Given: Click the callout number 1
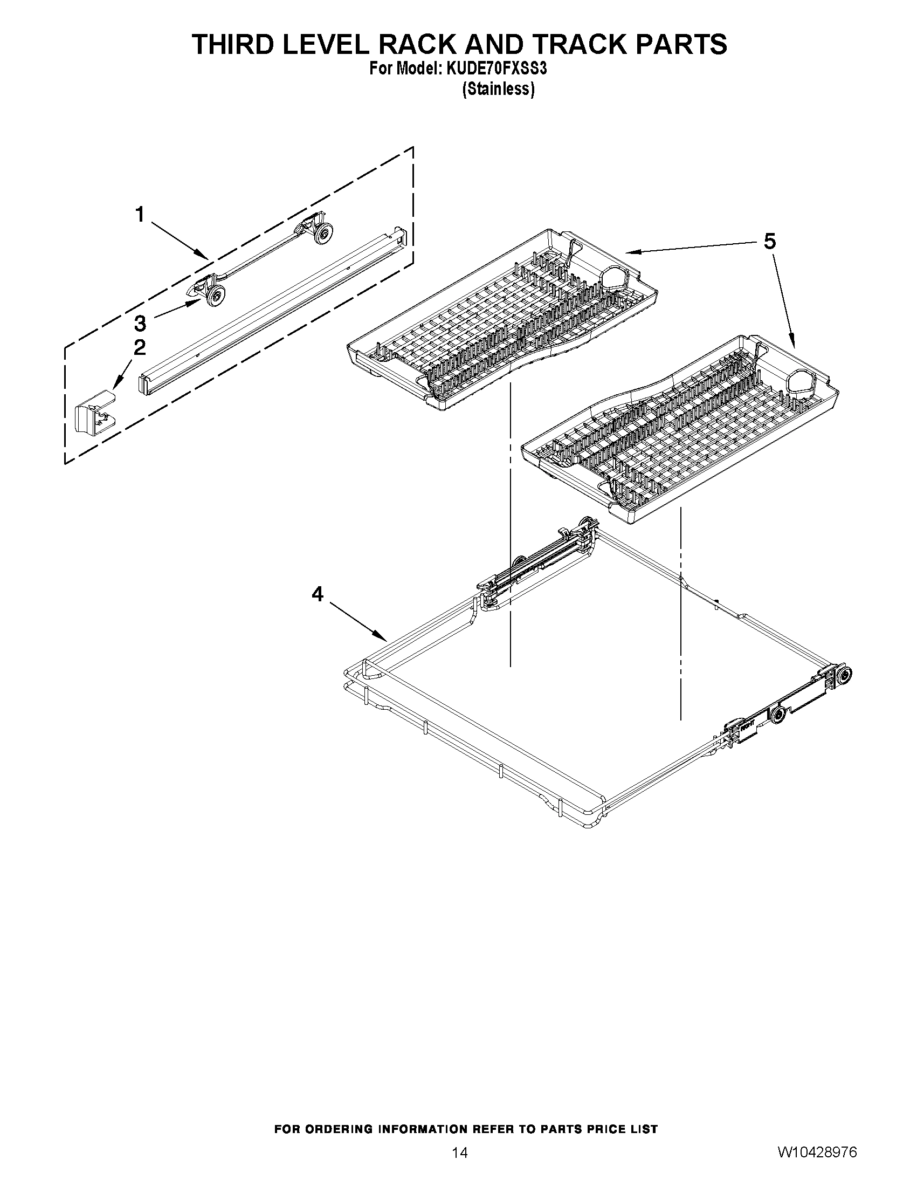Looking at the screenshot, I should pyautogui.click(x=140, y=215).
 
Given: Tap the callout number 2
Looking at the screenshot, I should pyautogui.click(x=140, y=347).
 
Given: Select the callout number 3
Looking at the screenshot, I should pyautogui.click(x=140, y=324).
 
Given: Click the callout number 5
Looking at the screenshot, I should pyautogui.click(x=769, y=241).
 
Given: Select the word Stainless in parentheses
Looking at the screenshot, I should pyautogui.click(x=498, y=89).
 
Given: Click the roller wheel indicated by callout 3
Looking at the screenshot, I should pyautogui.click(x=216, y=295).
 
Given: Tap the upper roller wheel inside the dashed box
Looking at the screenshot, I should pyautogui.click(x=324, y=232).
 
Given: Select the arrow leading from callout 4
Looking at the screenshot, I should pyautogui.click(x=356, y=621).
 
